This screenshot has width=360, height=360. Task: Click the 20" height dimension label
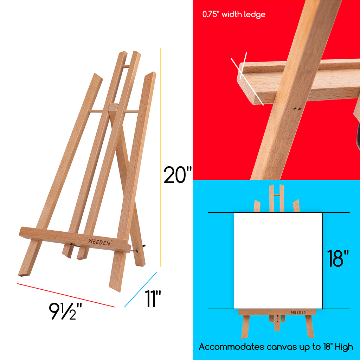[178, 175]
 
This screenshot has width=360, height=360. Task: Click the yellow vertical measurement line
[161, 158]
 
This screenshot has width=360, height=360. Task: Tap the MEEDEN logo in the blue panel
[299, 312]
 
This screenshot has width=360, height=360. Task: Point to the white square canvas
[278, 261]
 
